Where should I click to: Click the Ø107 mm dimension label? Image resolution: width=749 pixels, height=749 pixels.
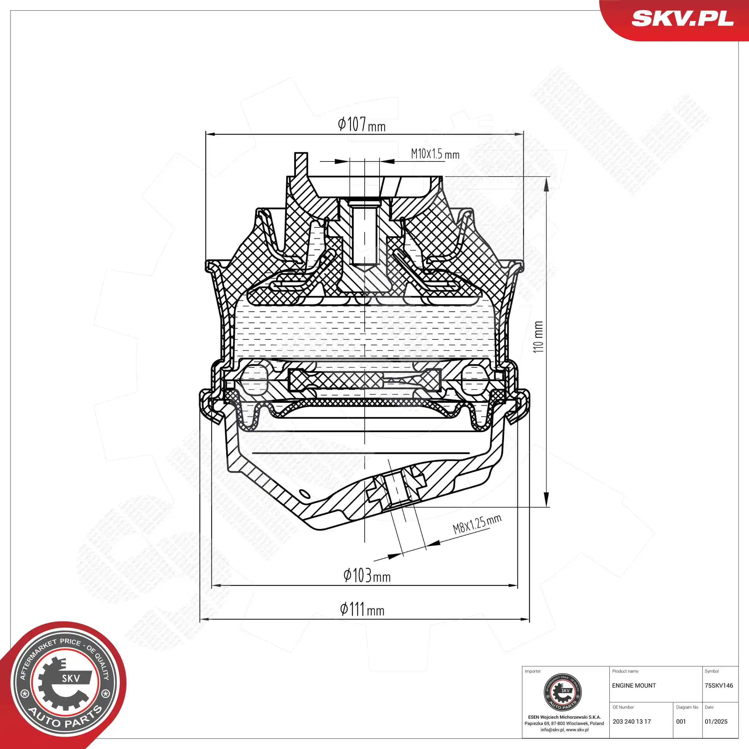click(361, 124)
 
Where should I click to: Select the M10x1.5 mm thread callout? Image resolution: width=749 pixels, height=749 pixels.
click(435, 154)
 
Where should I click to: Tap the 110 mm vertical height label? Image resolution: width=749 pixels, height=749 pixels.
click(538, 336)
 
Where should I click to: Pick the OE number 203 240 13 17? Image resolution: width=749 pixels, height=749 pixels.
click(632, 721)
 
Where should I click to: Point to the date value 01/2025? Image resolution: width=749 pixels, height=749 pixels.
click(716, 721)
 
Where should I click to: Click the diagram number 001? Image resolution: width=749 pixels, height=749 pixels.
click(681, 721)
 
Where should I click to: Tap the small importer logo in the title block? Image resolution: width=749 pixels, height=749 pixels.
click(563, 692)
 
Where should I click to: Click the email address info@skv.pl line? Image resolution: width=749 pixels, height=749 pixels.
click(564, 730)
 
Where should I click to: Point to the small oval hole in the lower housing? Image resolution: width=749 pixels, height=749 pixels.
click(305, 493)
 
